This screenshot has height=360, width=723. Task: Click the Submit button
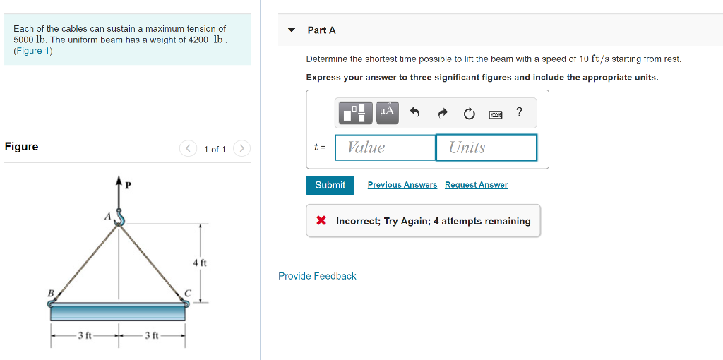[330, 186]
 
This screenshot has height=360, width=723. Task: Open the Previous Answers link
[402, 185]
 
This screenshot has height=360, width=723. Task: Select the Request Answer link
[476, 185]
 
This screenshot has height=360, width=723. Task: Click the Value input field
[386, 148]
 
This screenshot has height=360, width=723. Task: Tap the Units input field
[486, 148]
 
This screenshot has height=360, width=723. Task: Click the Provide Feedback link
[317, 276]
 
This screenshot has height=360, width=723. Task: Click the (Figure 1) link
[33, 51]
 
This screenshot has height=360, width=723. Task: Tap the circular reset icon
[469, 114]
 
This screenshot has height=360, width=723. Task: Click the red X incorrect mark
[321, 221]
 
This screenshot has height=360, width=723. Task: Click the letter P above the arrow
[129, 186]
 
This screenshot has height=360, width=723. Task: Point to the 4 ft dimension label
[200, 263]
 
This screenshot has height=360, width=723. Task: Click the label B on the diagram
[51, 292]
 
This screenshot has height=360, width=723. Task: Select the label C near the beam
[187, 293]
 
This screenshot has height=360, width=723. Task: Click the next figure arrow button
[241, 149]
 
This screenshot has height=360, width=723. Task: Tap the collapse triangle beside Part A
[291, 30]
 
